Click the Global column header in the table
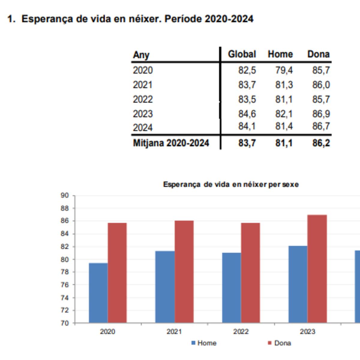click(242, 54)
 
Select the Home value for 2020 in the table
click(284, 70)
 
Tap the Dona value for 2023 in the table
click(321, 114)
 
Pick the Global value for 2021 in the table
click(247, 85)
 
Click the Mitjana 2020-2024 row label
click(171, 143)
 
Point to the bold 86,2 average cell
click(321, 143)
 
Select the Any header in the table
click(141, 55)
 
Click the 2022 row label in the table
click(143, 99)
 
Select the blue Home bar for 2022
click(231, 288)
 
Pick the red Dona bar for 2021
click(184, 272)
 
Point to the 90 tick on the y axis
click(64, 196)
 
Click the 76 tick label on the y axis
click(64, 285)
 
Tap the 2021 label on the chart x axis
click(174, 331)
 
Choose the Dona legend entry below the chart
click(282, 343)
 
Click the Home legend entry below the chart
click(207, 343)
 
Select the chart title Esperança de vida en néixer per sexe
click(231, 184)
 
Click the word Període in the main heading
click(183, 19)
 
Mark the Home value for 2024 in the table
click(284, 127)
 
